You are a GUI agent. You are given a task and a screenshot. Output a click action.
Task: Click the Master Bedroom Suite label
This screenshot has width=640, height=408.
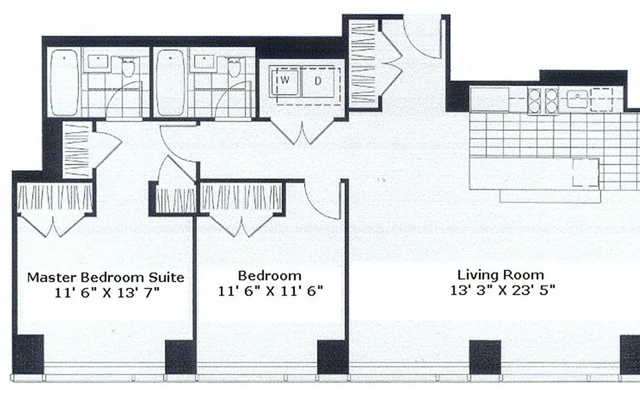(106, 278)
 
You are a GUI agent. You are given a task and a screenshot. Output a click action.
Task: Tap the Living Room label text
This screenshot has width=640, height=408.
(500, 275)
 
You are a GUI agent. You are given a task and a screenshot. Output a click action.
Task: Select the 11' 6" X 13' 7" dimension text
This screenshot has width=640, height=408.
(108, 293)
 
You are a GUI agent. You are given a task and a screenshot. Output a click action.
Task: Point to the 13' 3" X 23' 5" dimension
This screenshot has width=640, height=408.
(502, 291)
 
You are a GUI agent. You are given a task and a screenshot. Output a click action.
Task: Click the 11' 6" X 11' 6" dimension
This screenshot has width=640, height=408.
(270, 291)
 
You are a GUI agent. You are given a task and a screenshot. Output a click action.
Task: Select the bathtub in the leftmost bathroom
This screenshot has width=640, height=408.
(64, 83)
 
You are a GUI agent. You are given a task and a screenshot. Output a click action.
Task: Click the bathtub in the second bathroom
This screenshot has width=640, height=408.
(170, 83)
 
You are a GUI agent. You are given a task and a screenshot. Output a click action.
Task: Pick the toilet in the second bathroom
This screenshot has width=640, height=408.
(234, 66)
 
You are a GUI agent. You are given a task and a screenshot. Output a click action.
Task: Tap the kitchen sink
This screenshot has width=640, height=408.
(578, 98)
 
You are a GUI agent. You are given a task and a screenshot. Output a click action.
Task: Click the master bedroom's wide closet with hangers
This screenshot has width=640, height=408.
(55, 198)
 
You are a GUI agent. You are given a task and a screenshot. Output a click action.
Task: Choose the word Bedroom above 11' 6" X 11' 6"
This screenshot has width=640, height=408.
(270, 276)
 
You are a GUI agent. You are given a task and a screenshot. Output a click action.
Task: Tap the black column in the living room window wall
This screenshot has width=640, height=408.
(484, 357)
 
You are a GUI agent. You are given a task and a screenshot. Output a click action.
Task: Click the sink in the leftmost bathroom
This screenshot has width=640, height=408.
(97, 61)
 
